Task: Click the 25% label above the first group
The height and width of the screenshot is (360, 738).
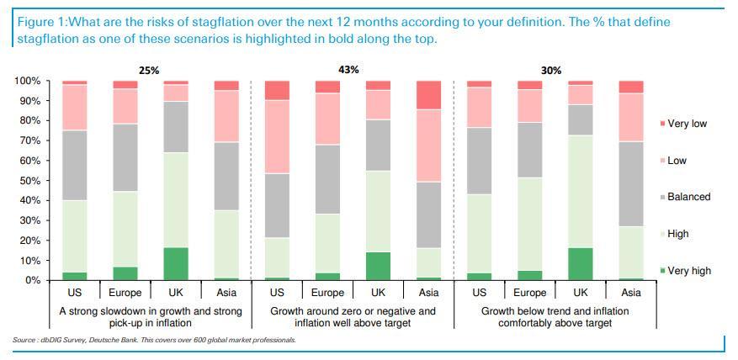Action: pos(149,71)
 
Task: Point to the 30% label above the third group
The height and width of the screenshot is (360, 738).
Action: pos(551,71)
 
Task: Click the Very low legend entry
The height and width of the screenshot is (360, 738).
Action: pos(686,124)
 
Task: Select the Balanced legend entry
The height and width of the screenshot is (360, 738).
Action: pos(688,197)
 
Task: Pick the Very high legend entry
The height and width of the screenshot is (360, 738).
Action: pos(688,271)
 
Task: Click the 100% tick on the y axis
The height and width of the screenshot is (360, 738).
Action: pos(27,81)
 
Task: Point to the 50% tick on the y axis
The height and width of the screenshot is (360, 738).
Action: pos(29,180)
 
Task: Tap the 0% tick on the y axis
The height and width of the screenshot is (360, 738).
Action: pos(33,280)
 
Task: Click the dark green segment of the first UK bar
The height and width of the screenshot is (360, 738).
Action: pos(176,263)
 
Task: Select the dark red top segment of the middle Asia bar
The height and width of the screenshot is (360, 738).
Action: pos(429,95)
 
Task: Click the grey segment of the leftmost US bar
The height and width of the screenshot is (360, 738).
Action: pos(74,165)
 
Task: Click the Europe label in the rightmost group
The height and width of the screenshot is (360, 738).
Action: pos(530,293)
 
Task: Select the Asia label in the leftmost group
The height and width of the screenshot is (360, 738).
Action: pos(226,293)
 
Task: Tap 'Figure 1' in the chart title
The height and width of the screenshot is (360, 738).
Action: pos(40,22)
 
